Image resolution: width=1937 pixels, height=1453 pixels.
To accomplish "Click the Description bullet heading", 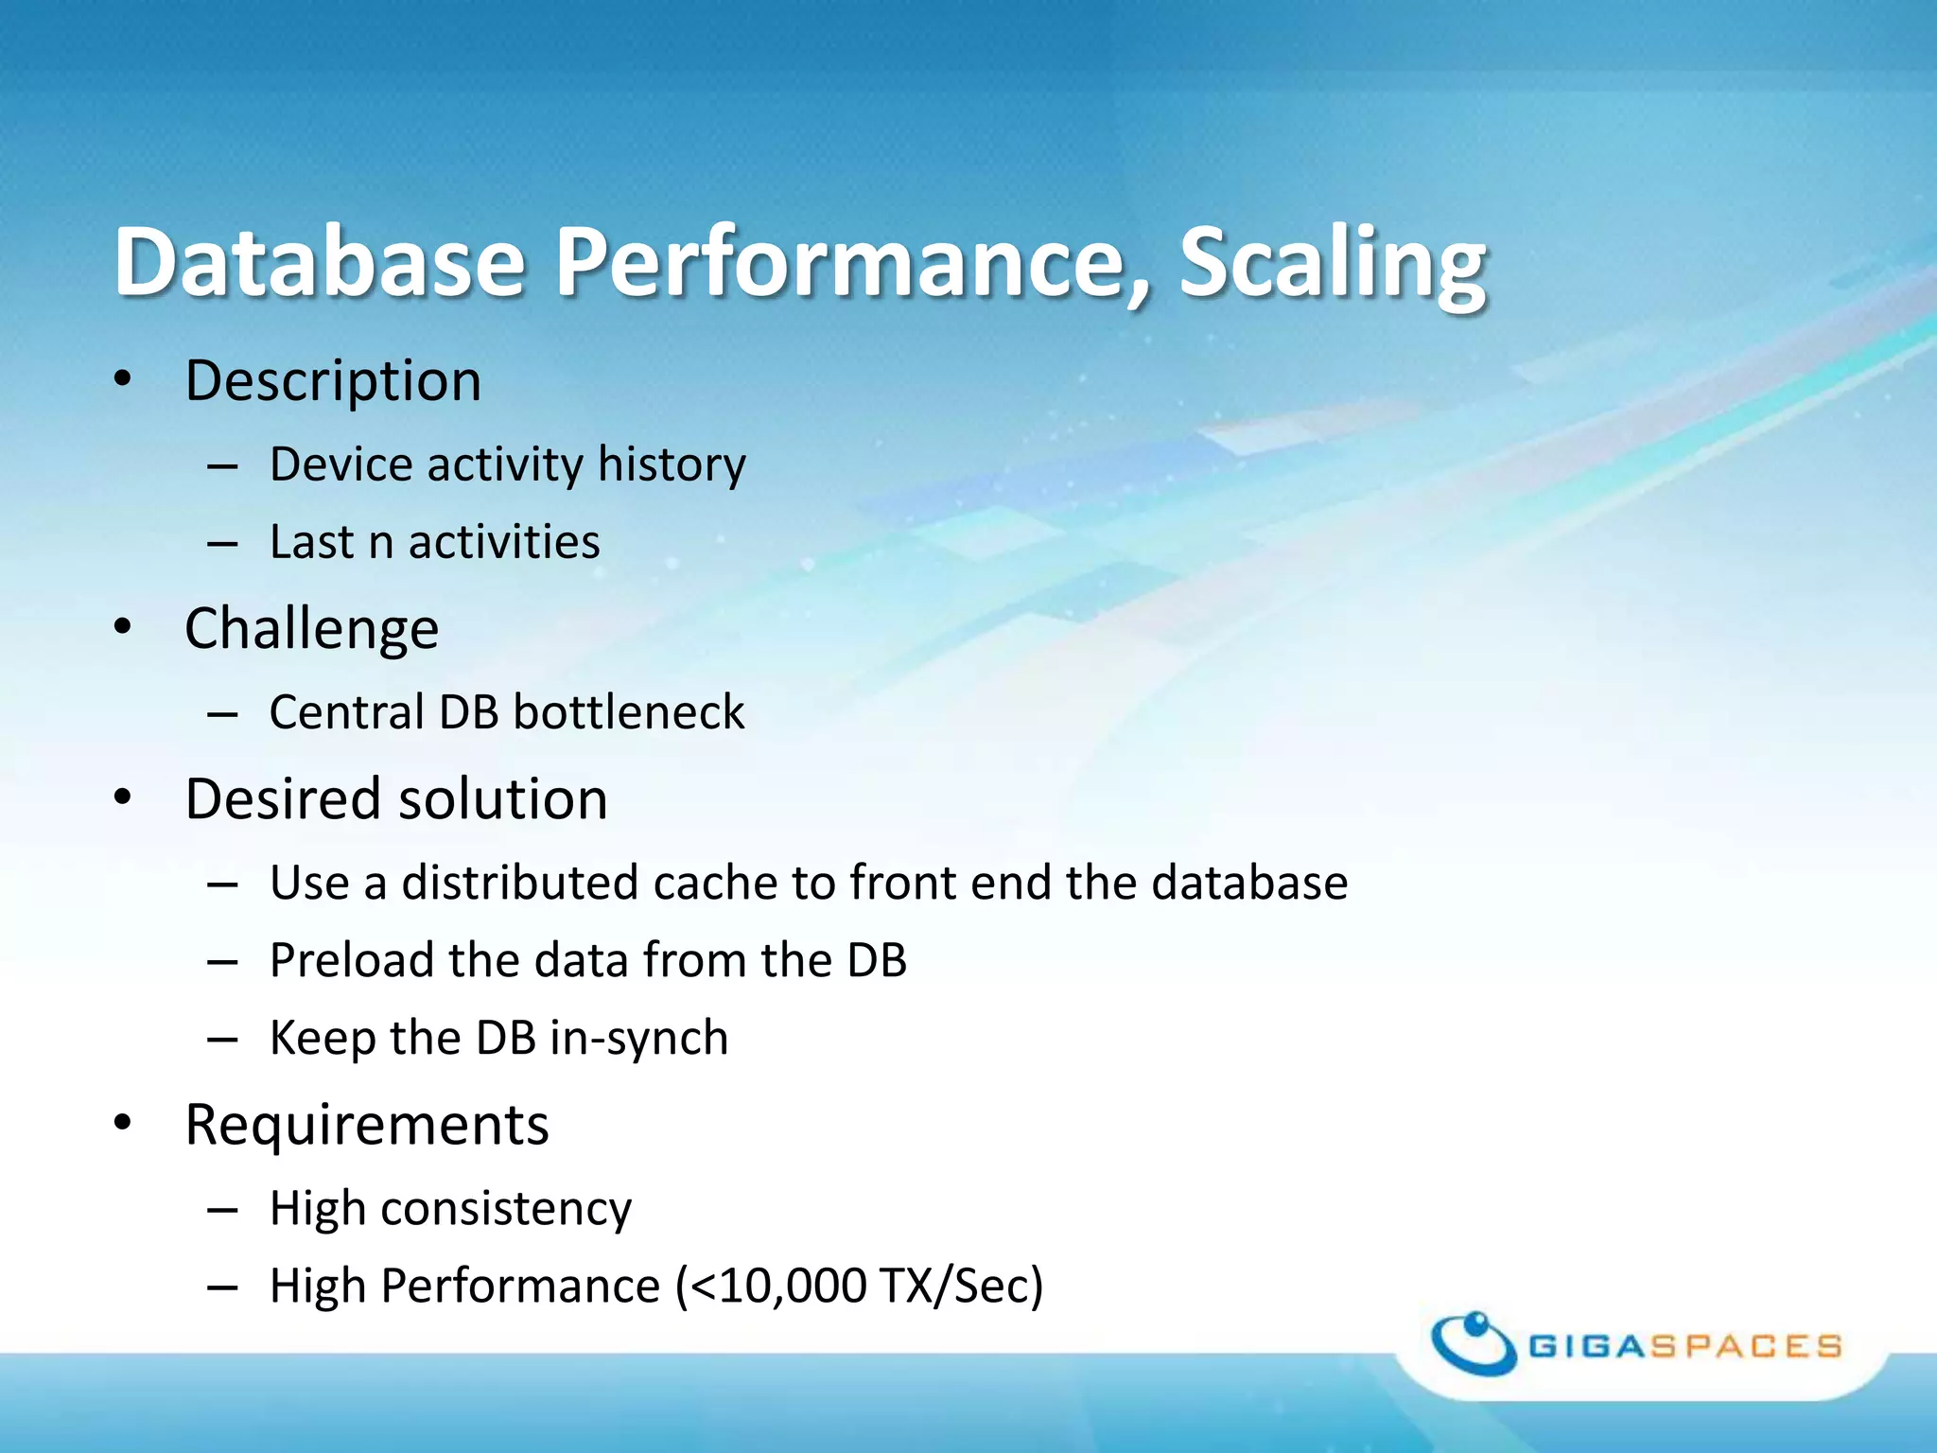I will tap(333, 381).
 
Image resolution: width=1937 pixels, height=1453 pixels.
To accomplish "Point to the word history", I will tap(672, 465).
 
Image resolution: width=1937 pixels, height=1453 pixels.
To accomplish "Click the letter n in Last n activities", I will tap(380, 544).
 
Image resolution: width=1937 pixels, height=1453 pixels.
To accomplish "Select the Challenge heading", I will tap(312, 629).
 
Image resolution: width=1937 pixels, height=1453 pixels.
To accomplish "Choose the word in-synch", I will tap(638, 1039).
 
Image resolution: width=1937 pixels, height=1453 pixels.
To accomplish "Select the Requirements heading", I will tap(367, 1126).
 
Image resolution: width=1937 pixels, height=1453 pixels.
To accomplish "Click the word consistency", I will tap(505, 1210).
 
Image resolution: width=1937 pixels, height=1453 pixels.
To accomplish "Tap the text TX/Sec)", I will tap(960, 1287).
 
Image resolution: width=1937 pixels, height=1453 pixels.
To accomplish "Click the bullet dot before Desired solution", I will tap(122, 797).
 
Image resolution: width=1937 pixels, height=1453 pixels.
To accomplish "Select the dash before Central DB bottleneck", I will tap(222, 714).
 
